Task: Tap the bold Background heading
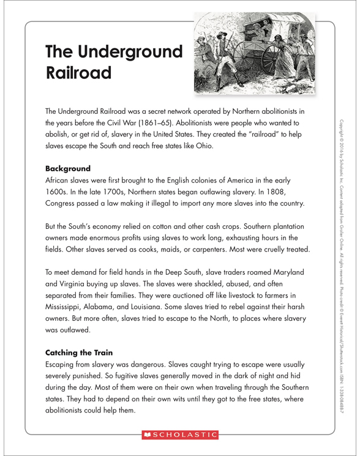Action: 68,168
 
